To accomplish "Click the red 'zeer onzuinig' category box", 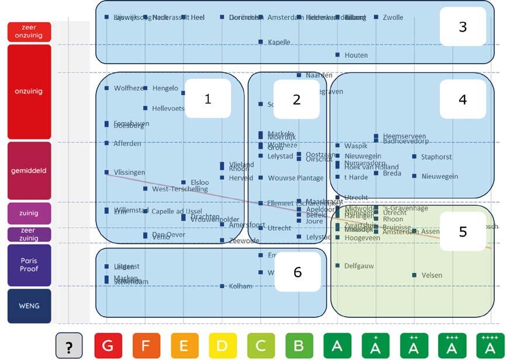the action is click(29, 32).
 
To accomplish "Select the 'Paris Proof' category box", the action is click(29, 265).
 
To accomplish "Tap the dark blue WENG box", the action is click(29, 306).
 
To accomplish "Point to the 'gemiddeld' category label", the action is click(29, 171).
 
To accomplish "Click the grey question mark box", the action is click(69, 346).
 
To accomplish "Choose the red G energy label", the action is click(108, 346).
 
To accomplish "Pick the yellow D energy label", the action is click(222, 346).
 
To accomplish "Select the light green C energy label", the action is click(260, 346).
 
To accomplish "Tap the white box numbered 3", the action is click(463, 27).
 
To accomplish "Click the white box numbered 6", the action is click(297, 272).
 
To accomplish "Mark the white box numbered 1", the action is click(208, 99).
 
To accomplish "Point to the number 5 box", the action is click(463, 231).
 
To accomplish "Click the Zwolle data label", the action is click(392, 18).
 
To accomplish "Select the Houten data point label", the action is click(356, 55).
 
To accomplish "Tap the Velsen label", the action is click(432, 275).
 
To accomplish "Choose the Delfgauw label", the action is click(359, 266).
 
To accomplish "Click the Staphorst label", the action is click(436, 157).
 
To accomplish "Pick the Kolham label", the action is click(240, 286).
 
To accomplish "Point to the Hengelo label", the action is click(165, 88).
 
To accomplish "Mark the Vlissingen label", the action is click(129, 172).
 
